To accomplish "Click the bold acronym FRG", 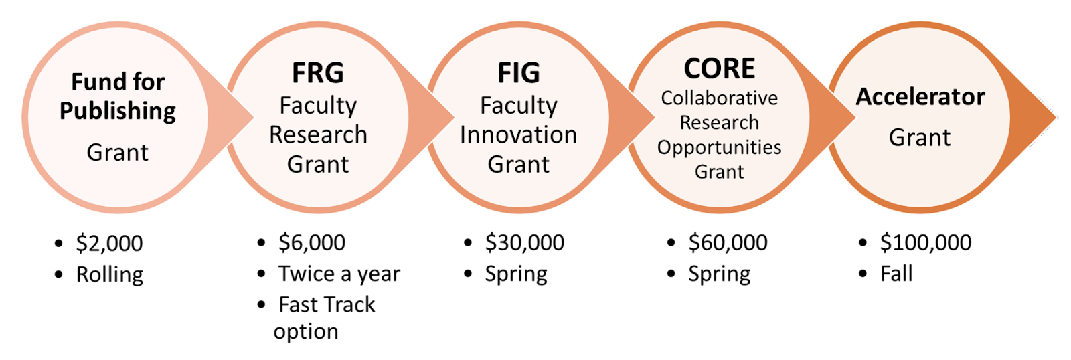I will pos(318,72).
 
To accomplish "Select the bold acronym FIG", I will pos(519,73).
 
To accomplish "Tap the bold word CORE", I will pos(720,68).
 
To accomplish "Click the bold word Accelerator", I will pos(920,97).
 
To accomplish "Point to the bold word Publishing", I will pos(118,111).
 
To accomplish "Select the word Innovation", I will pos(519,134).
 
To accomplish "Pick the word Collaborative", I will pos(720,98).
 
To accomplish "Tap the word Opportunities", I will pos(720,147).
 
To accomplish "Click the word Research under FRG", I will pos(318,134).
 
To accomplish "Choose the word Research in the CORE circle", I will pos(720,123).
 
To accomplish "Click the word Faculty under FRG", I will pos(318,106).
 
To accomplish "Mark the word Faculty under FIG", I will pos(519,106).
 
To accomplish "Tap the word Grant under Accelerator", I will pos(920,137).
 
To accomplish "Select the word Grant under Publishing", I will pos(118,153).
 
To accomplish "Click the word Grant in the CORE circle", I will pos(720,172).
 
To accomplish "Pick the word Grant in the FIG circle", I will pos(519,164).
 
